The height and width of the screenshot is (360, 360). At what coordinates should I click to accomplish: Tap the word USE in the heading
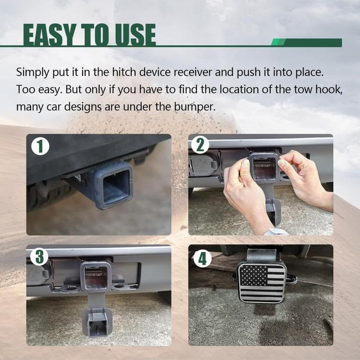[x=135, y=34]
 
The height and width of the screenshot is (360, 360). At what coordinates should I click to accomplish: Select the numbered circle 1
[x=40, y=146]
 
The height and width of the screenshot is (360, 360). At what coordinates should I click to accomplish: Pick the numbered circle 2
[x=200, y=145]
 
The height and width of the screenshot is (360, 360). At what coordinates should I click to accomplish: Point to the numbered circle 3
[x=39, y=256]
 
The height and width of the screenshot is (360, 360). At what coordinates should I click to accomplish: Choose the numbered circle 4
[x=202, y=258]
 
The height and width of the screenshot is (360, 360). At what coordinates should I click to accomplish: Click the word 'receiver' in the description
[x=192, y=72]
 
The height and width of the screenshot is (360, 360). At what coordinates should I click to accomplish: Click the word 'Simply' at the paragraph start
[x=32, y=73]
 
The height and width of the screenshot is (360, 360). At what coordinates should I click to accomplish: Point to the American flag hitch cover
[x=262, y=283]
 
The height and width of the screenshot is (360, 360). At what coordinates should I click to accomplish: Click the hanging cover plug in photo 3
[x=97, y=321]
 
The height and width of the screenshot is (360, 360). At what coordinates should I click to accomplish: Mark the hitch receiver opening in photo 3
[x=95, y=277]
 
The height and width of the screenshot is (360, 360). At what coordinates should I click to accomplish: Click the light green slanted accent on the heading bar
[x=278, y=42]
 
